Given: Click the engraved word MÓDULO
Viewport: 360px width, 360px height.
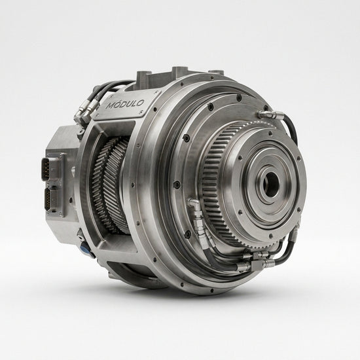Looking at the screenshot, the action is (x=126, y=104).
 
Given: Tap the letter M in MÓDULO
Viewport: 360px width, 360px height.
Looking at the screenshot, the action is (x=111, y=106).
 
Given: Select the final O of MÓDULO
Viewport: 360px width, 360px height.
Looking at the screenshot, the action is (x=141, y=103).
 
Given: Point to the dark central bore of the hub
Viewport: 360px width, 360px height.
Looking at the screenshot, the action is (x=272, y=185).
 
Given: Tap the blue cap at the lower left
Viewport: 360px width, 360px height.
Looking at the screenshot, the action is (x=84, y=248).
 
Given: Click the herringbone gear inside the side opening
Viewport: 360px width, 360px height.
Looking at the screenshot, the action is (x=110, y=185).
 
